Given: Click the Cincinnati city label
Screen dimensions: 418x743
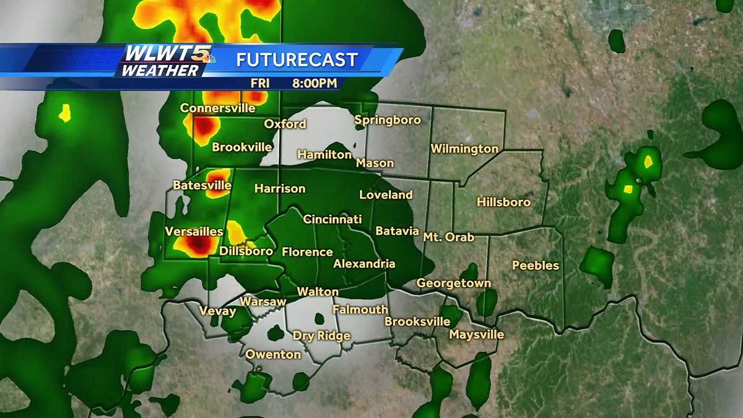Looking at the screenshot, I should point(332,219).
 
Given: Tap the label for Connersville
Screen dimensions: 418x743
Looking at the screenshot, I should point(217,108).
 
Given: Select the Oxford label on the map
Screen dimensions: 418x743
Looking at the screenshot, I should point(285,124).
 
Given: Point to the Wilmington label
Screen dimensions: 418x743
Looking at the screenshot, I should point(464,149).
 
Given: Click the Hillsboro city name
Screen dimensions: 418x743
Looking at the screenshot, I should point(503,202).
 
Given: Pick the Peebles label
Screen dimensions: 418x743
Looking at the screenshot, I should point(536,266).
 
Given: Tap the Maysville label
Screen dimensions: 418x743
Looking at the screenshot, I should point(476,335).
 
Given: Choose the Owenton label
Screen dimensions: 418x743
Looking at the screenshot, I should point(273,355).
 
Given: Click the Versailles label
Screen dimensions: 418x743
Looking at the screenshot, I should point(194,232).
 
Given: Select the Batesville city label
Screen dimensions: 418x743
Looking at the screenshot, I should point(202,185).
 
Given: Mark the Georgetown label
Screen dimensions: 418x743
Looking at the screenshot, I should point(453,284).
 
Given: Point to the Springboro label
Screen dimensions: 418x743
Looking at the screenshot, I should point(388,120).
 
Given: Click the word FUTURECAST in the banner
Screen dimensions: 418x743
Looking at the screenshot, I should point(297,60).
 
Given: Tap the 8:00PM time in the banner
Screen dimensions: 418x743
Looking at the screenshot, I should point(315,82).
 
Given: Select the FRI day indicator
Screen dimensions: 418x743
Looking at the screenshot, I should point(260,82).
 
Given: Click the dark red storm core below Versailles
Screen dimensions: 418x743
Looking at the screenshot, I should point(197,246).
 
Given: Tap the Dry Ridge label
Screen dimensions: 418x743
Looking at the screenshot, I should point(321,336).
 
